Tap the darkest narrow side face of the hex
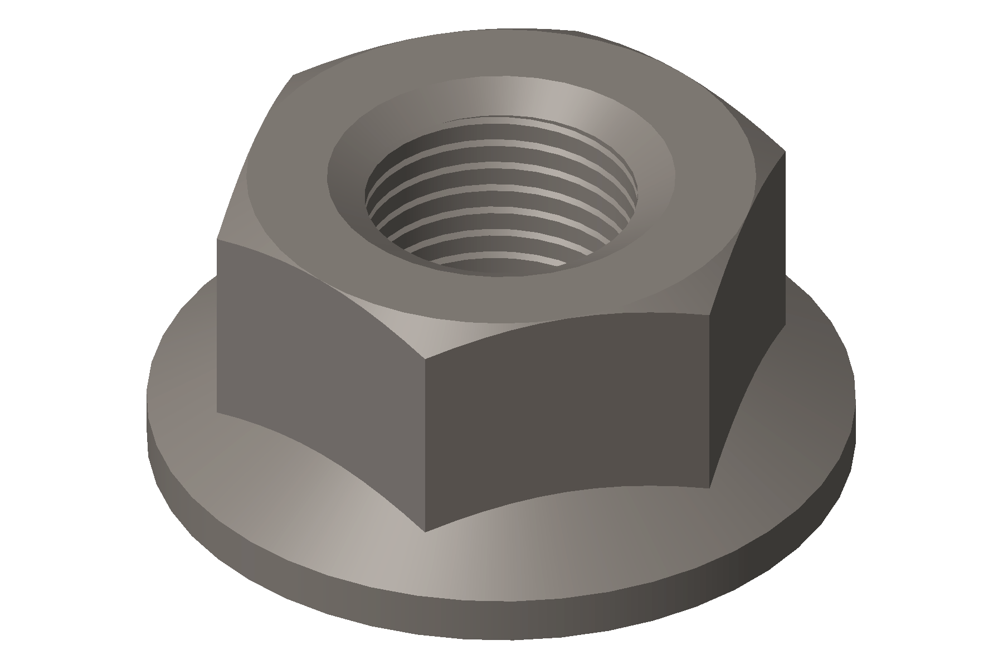click(747, 312)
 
